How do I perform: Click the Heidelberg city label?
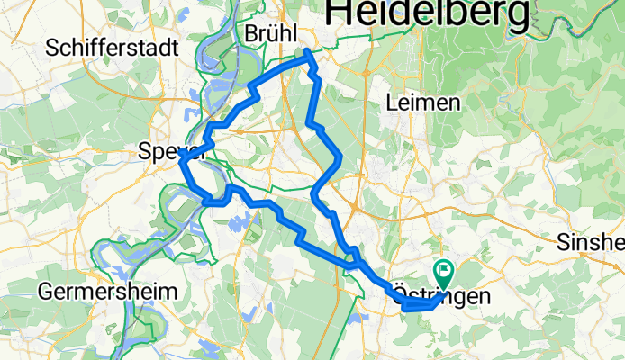coord(427,13)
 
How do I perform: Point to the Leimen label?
coord(421,103)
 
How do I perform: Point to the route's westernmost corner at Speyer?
coord(181,158)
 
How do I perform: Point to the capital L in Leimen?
coord(390,103)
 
